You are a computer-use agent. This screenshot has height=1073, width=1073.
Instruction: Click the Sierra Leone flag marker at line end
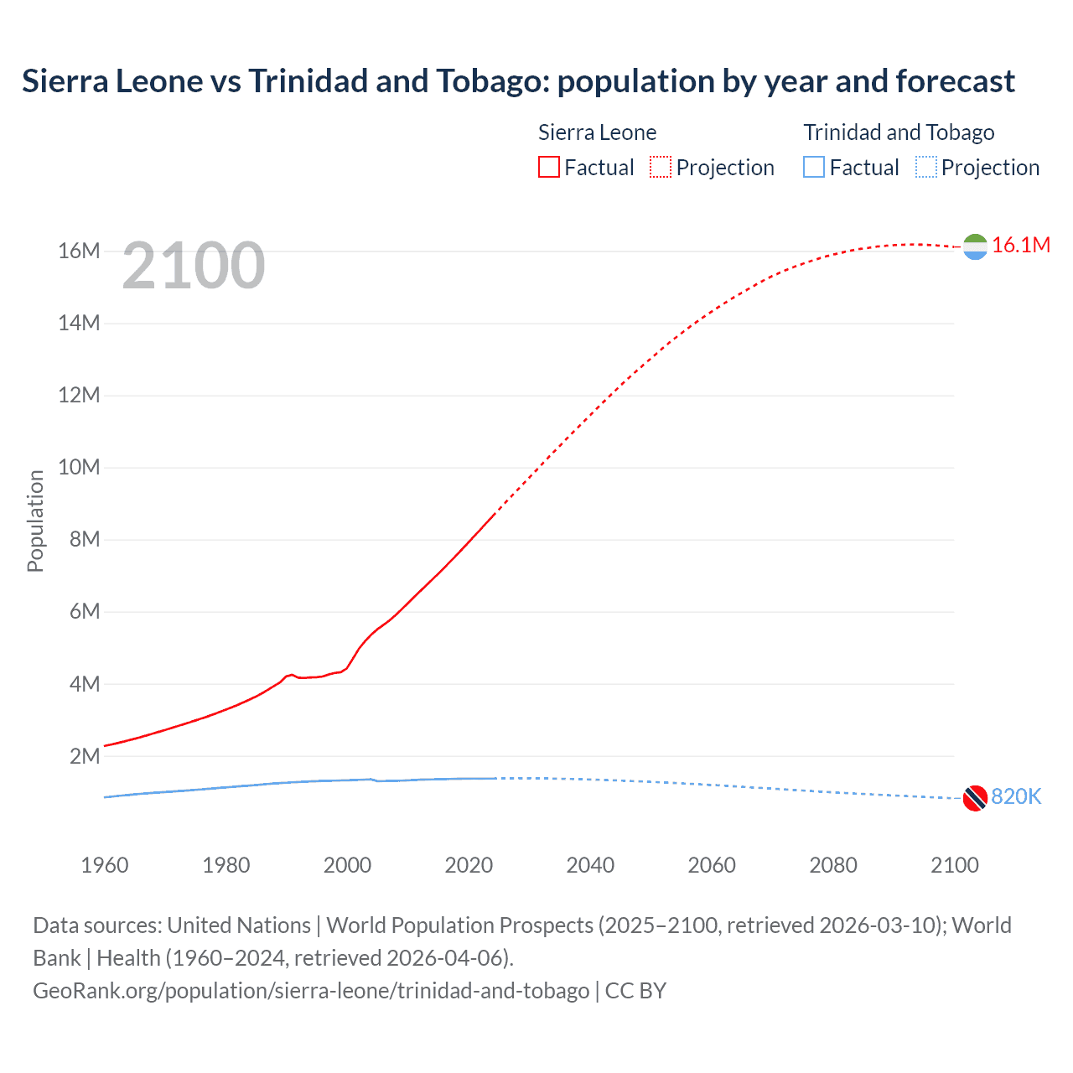[975, 246]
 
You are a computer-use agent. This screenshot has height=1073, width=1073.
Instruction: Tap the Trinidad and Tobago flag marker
[975, 798]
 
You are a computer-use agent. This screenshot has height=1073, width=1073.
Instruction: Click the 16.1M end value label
[1020, 245]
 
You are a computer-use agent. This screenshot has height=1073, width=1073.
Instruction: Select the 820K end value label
[1015, 796]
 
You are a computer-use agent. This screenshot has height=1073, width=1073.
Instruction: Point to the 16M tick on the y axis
[79, 251]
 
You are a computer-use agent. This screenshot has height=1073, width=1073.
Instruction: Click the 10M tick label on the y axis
[79, 467]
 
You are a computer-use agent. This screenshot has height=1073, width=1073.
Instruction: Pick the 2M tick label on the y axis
[85, 756]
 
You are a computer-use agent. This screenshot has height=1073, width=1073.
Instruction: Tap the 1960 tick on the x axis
[105, 865]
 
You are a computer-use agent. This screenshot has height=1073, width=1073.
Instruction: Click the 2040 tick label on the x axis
[590, 865]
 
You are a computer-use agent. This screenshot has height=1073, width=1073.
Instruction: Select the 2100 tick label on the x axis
[954, 865]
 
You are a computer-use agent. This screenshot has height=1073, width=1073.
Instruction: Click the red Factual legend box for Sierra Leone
[548, 167]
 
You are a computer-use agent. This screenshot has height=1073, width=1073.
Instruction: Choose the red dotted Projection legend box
[660, 167]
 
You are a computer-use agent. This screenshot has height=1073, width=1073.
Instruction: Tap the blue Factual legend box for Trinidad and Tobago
[813, 167]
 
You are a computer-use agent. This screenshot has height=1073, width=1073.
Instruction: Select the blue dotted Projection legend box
[925, 167]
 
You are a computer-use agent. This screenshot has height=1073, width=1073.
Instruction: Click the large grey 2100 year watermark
[194, 266]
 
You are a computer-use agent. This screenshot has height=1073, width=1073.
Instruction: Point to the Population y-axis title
[35, 521]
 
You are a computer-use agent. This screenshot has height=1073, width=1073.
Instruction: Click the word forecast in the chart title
[955, 81]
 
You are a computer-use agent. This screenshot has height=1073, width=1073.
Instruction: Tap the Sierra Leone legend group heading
[597, 132]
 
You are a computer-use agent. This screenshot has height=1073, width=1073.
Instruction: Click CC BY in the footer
[635, 990]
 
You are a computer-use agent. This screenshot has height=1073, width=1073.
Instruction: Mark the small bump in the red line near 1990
[290, 675]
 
